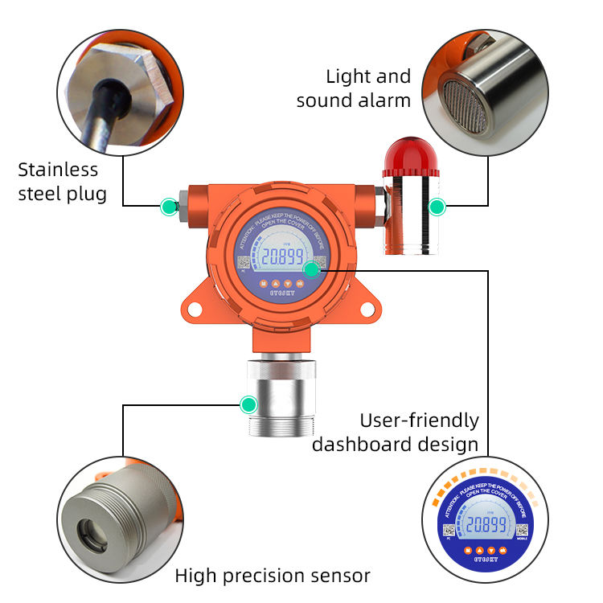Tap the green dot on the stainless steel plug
coord(168,207)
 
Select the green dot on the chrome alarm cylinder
coord(437,207)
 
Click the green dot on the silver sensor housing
coord(249,404)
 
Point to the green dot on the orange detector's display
coord(311,270)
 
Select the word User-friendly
coord(419,420)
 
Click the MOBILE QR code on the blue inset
coord(522,530)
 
